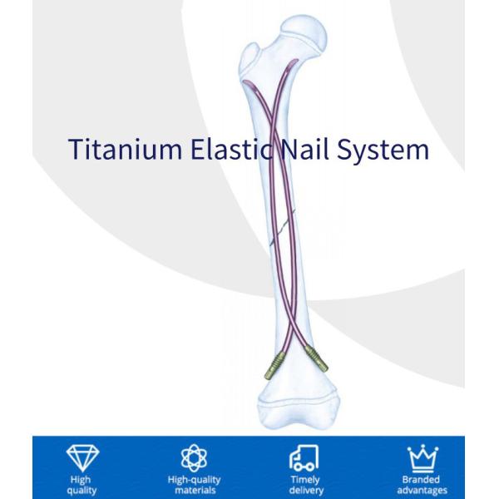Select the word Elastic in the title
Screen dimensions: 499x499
pos(235,150)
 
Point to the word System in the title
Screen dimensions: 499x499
pos(388,150)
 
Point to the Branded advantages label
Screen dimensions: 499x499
pos(421,484)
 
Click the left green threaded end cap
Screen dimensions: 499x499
pos(274,363)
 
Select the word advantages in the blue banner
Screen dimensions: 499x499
pos(421,489)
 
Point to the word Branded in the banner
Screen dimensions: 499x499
pos(421,479)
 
